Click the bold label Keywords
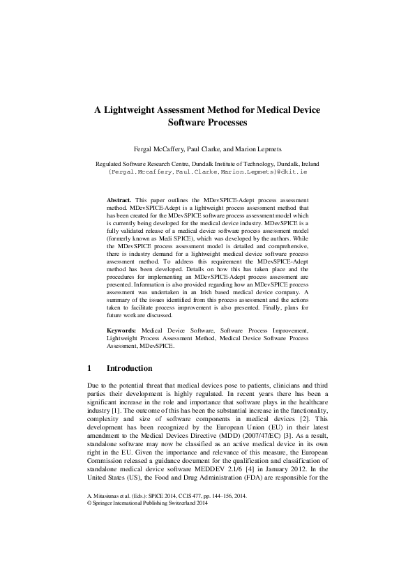(x=122, y=329)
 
